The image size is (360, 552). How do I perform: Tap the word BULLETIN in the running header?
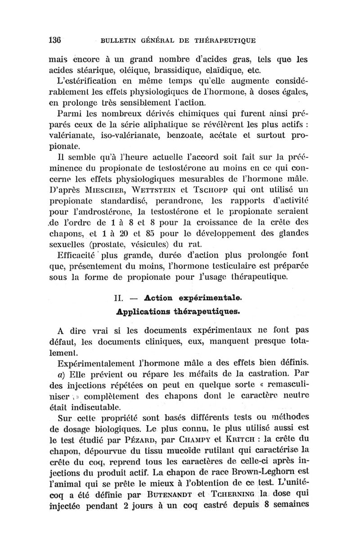120,41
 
